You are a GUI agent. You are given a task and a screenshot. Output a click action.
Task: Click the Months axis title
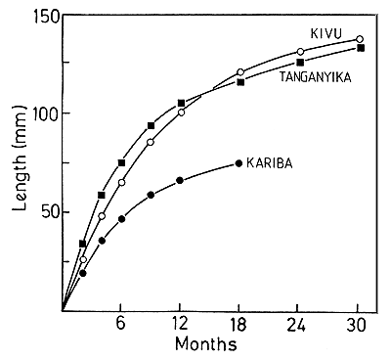pos(208,345)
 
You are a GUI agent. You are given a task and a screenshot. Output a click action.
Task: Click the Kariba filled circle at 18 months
pos(239,163)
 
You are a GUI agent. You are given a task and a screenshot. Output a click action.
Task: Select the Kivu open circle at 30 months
pos(360,40)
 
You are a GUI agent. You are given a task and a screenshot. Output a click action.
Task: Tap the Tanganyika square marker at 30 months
pos(361,48)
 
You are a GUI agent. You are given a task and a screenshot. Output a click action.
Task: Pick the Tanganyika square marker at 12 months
pos(181,103)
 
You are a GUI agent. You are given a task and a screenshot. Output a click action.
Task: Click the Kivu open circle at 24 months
pos(300,52)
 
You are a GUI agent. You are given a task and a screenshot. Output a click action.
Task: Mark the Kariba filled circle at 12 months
pos(180,180)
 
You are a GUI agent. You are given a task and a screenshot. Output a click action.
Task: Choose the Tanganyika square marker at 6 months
pos(121,162)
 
